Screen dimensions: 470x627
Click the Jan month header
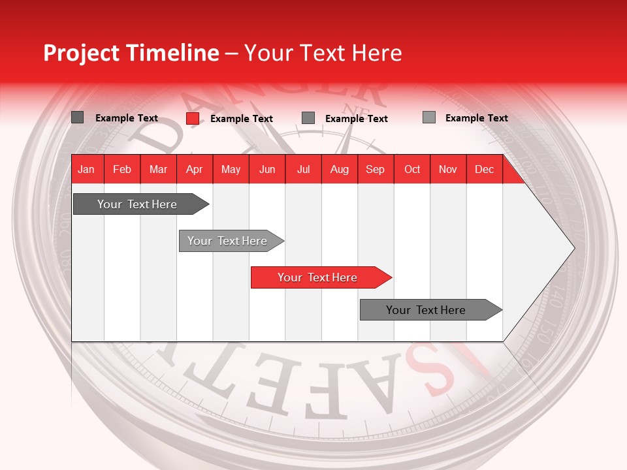(x=87, y=169)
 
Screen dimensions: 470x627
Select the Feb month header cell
(x=122, y=169)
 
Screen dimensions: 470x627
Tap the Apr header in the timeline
(x=195, y=169)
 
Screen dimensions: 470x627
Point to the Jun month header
(x=267, y=169)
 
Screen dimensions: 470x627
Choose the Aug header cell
(x=339, y=169)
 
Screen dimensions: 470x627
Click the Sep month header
(x=376, y=169)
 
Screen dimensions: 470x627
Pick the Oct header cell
(x=412, y=169)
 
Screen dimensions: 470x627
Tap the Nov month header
(x=448, y=169)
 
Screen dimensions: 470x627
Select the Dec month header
(x=484, y=169)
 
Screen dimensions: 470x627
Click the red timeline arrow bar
(x=320, y=277)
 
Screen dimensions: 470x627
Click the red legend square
(x=193, y=118)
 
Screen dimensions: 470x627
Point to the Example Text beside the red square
(x=241, y=119)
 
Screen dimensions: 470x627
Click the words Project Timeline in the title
(x=131, y=53)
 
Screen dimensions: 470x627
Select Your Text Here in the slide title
(x=323, y=53)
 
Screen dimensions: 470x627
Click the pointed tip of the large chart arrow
(x=573, y=247)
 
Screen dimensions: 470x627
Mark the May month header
(x=231, y=169)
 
